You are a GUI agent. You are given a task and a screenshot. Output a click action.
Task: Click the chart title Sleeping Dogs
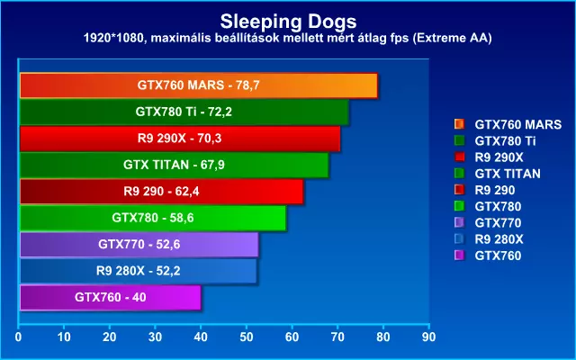[287, 20]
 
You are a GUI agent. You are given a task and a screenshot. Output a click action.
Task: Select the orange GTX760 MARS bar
[198, 85]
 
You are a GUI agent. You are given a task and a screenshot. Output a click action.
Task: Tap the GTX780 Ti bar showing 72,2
[184, 112]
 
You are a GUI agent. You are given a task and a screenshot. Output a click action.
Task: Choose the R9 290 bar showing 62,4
[162, 192]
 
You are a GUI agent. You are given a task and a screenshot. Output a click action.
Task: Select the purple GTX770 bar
[139, 244]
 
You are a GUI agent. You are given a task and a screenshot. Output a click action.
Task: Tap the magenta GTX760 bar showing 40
[110, 296]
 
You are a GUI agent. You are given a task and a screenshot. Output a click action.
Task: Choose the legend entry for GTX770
[498, 222]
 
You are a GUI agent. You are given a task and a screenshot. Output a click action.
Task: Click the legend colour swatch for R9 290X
[460, 157]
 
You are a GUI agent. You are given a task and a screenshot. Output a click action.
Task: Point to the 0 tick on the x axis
[19, 337]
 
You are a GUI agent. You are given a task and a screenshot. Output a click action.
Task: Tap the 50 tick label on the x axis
[247, 337]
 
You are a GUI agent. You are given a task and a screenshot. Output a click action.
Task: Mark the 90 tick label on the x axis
[429, 337]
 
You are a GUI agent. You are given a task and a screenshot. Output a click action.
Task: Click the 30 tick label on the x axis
[156, 337]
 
